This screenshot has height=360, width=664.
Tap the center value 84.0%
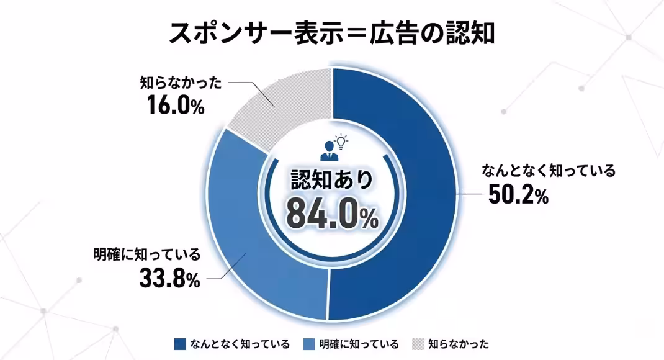pos(332,214)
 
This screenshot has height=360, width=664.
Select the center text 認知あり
pos(332,179)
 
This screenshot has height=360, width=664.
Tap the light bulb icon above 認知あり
pos(341,141)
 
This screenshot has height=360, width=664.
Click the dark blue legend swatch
pos(181,343)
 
